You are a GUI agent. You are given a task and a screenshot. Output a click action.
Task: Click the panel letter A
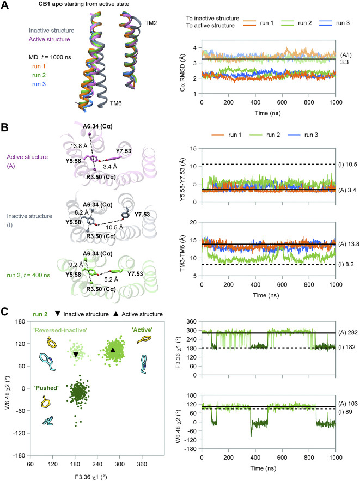click(4, 5)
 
